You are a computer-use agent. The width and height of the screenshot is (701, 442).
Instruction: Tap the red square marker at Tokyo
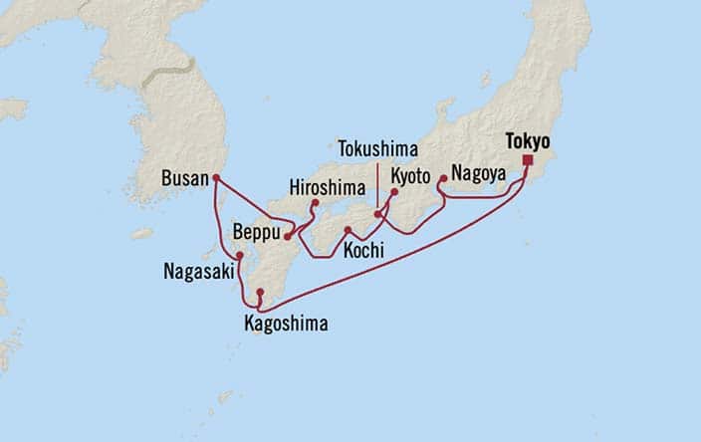coord(527,160)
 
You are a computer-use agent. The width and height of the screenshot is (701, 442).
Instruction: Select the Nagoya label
coord(478,173)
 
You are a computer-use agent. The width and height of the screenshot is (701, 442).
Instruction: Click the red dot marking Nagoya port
coord(442,180)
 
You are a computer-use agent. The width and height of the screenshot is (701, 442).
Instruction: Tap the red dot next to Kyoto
coord(393,191)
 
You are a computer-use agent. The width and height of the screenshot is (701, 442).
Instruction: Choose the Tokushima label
coord(376,147)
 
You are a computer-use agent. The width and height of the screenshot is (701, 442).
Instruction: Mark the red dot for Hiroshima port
coord(315,203)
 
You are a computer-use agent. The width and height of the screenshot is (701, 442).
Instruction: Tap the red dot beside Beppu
coord(287,236)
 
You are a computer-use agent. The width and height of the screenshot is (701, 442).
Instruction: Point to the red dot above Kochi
coord(347,231)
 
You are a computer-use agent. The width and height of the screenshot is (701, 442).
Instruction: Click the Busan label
coord(184,180)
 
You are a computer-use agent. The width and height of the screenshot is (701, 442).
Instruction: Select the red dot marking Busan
coord(215,179)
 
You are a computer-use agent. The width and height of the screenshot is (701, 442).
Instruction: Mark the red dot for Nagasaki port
coord(240,255)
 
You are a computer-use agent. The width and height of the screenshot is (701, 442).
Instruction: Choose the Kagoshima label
coord(285,323)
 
